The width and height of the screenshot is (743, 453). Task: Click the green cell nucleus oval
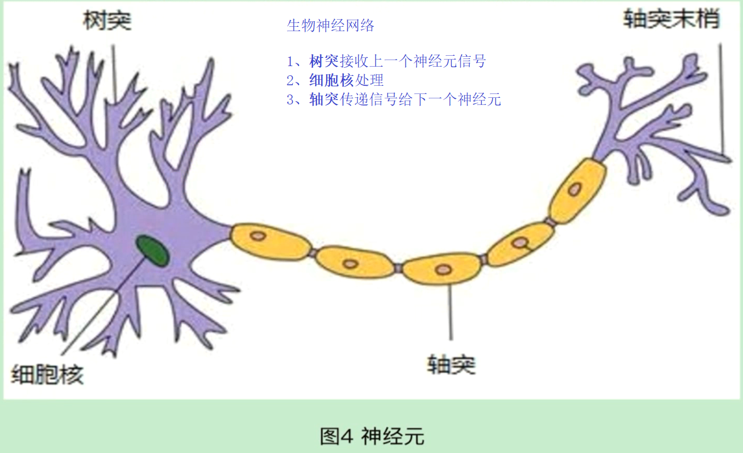pyautogui.click(x=153, y=251)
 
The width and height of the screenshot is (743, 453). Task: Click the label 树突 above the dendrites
pyautogui.click(x=107, y=21)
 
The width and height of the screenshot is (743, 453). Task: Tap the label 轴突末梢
pyautogui.click(x=671, y=19)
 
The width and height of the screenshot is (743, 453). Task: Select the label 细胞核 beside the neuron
pyautogui.click(x=48, y=375)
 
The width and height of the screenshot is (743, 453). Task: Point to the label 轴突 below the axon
pyautogui.click(x=451, y=364)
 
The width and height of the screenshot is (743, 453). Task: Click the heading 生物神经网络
pyautogui.click(x=331, y=26)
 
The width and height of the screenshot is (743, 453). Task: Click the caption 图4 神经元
pyautogui.click(x=372, y=436)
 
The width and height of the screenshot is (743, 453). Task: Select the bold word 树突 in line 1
pyautogui.click(x=324, y=61)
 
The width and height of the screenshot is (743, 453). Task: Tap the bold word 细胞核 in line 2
pyautogui.click(x=331, y=80)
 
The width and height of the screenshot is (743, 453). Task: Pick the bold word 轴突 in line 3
pyautogui.click(x=324, y=99)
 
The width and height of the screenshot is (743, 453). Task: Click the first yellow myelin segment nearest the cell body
pyautogui.click(x=270, y=242)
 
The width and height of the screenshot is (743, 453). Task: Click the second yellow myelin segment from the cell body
pyautogui.click(x=355, y=262)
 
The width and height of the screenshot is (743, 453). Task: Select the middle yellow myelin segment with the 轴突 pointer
pyautogui.click(x=442, y=269)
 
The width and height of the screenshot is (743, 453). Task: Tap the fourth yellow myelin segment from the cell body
pyautogui.click(x=520, y=244)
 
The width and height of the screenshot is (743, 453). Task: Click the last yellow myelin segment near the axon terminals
pyautogui.click(x=577, y=191)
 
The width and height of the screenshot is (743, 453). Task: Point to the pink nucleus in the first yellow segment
pyautogui.click(x=258, y=236)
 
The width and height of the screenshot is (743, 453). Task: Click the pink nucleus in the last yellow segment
pyautogui.click(x=575, y=190)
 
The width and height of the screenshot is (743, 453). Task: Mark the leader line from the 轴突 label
pyautogui.click(x=450, y=312)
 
